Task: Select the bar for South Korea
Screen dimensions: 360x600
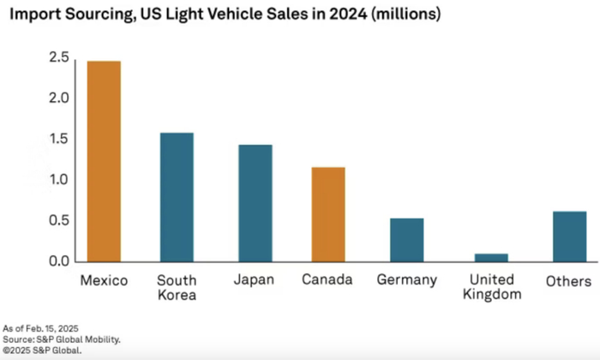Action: [176, 197]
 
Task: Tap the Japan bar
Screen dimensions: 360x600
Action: [254, 203]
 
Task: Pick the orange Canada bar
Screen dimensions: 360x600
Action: [328, 214]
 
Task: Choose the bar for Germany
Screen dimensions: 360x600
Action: [407, 240]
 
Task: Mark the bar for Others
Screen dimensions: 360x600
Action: [569, 237]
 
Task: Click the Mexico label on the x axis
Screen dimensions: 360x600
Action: [104, 280]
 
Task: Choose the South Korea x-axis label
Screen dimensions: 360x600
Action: [177, 287]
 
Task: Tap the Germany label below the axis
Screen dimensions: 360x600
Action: [407, 280]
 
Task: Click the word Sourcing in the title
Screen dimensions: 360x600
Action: [97, 15]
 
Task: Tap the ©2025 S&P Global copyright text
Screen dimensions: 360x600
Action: [40, 350]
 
